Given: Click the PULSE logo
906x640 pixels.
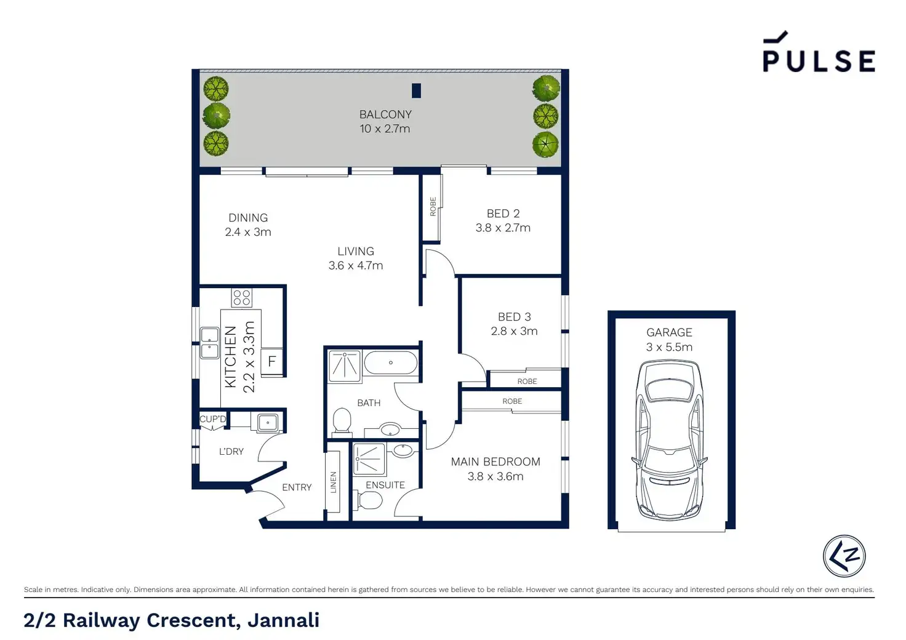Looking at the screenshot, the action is [819, 51].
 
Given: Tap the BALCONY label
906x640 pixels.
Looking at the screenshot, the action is [385, 114].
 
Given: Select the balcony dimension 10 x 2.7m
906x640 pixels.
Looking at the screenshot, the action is [385, 129].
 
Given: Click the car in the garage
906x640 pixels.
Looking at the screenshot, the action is [670, 440].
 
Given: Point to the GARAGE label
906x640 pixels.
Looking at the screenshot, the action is [670, 332].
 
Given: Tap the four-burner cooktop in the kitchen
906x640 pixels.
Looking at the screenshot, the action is [242, 298].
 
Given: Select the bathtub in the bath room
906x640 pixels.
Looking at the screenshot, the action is [390, 362].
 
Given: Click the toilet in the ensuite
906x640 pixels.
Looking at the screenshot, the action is [367, 501].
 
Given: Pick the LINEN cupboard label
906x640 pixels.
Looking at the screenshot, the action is [333, 482].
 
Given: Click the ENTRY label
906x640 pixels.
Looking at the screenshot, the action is [297, 487].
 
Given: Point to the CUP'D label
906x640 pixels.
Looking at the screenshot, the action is [213, 419].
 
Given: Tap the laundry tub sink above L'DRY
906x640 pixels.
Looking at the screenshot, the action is [267, 423].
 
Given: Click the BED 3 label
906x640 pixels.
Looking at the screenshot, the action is [514, 316].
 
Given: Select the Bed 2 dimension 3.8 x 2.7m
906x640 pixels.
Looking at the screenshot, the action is [503, 228].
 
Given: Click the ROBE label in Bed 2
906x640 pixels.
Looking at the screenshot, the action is [433, 207].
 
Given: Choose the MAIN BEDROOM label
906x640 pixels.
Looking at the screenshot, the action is [495, 462].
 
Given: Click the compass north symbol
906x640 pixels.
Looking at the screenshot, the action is [844, 556].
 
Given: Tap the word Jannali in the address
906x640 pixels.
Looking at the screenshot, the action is [284, 620].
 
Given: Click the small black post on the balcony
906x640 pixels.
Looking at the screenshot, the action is [416, 90].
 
